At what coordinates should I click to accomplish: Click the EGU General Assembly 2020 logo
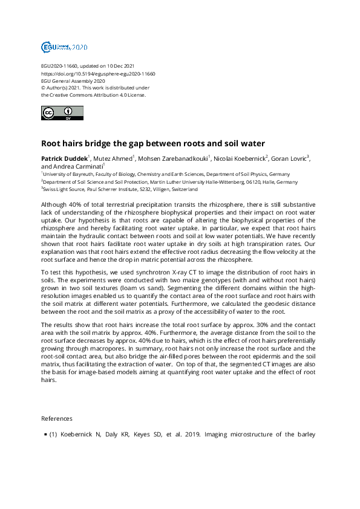(64, 47)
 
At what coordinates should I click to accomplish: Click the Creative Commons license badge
(62, 113)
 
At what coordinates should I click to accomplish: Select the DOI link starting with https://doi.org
(98, 73)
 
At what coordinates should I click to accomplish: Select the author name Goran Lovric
(289, 158)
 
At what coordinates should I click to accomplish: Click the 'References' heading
(56, 418)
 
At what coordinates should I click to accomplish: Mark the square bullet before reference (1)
(45, 434)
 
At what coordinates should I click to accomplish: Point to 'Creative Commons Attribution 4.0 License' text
(93, 95)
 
